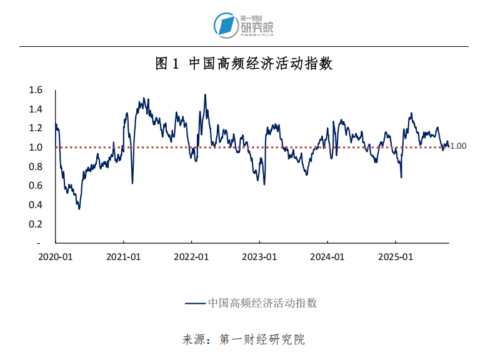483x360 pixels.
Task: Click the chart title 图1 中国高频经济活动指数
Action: [244, 64]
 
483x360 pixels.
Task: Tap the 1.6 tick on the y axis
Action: [36, 90]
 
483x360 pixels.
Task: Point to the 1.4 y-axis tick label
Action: [36, 109]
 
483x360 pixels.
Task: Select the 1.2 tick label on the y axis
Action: [36, 128]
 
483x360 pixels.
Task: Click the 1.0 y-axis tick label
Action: [36, 147]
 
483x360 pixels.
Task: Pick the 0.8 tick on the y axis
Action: [36, 166]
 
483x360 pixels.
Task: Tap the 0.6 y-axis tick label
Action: [36, 186]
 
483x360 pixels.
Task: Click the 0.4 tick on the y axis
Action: [36, 205]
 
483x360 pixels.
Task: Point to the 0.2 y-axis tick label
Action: [36, 224]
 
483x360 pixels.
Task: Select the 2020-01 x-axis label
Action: [56, 257]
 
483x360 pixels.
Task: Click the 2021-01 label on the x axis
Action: [124, 257]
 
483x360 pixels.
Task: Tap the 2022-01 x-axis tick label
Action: [192, 257]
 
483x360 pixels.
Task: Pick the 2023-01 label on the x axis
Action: [260, 257]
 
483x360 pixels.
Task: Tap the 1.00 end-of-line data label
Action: [459, 146]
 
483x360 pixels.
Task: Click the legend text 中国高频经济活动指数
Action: [262, 303]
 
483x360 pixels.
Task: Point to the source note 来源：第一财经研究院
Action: [244, 340]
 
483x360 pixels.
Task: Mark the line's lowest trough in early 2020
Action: [79, 208]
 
